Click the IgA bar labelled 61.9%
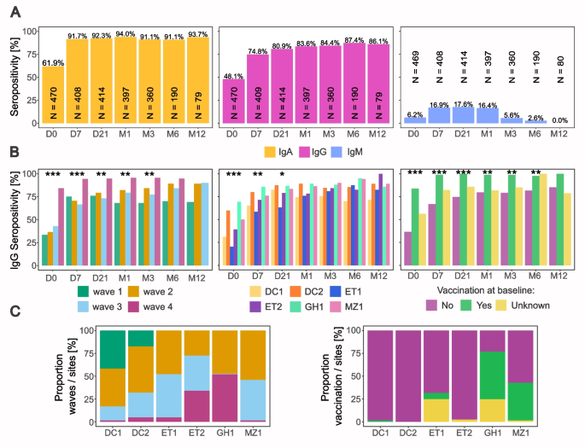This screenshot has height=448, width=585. coord(53,95)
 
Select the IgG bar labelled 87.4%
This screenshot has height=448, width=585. coord(354,83)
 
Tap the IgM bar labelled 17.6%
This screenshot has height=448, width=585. coord(463,115)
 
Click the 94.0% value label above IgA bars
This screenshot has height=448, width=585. coord(125,34)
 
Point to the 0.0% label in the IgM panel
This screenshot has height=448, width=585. coord(559,120)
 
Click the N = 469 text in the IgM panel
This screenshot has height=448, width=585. coord(415,67)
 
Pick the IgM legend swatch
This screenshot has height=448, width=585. coord(336,152)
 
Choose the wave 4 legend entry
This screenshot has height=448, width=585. coord(150,306)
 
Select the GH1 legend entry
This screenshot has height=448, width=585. coord(307,306)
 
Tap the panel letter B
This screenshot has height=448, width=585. coord(15,152)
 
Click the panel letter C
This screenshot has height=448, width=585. coord(15,311)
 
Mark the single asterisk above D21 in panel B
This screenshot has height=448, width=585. coord(282,174)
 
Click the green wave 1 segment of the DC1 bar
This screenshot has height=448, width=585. coord(113,350)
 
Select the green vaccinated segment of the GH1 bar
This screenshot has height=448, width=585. coord(493,375)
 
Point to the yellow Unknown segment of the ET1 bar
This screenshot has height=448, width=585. coord(436,410)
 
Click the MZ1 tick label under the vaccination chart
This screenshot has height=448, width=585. coord(520,433)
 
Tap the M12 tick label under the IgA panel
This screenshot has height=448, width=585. coord(197,133)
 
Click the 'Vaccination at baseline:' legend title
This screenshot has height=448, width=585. coord(486,290)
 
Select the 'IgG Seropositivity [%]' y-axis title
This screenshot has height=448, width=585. coord(15,220)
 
